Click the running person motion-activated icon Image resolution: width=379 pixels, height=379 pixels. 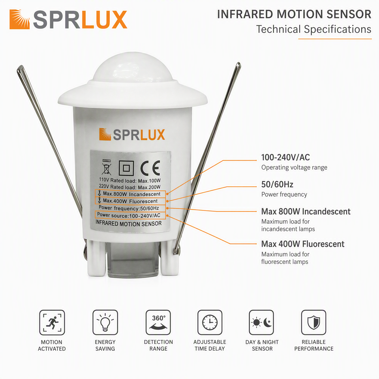pyautogui.click(x=52, y=323)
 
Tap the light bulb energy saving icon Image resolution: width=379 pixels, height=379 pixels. pyautogui.click(x=105, y=323)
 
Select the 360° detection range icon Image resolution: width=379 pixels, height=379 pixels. pyautogui.click(x=158, y=323)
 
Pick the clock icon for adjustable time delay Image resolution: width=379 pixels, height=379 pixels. pyautogui.click(x=210, y=323)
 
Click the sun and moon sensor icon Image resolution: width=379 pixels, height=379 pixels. pyautogui.click(x=261, y=323)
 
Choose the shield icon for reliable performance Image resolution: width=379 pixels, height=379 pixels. pyautogui.click(x=314, y=323)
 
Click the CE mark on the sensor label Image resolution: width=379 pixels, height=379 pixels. pyautogui.click(x=150, y=168)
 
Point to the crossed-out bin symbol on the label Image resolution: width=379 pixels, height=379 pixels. pyautogui.click(x=106, y=167)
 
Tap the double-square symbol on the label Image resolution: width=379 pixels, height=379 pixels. pyautogui.click(x=126, y=168)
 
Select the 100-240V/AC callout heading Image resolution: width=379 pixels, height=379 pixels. pyautogui.click(x=285, y=158)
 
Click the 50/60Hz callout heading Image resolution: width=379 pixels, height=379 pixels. pyautogui.click(x=277, y=184)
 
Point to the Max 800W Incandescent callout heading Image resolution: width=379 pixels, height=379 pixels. pyautogui.click(x=306, y=212)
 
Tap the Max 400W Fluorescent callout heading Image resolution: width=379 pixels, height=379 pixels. pyautogui.click(x=303, y=244)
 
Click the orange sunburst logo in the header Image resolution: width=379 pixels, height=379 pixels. pyautogui.click(x=20, y=19)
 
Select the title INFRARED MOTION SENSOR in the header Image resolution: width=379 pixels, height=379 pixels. pyautogui.click(x=294, y=14)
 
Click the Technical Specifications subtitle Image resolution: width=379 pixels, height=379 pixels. pyautogui.click(x=314, y=29)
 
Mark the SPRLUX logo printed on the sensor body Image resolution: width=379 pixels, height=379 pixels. pyautogui.click(x=132, y=134)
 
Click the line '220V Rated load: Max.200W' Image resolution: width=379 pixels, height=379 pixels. pyautogui.click(x=129, y=187)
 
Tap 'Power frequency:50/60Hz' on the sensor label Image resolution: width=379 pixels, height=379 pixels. pyautogui.click(x=129, y=208)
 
